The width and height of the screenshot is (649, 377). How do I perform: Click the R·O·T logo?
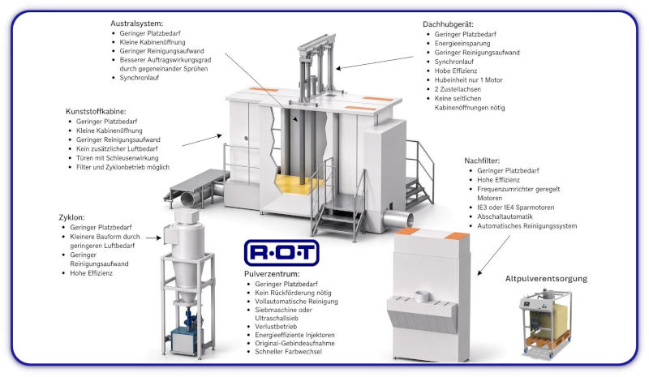point(282,252)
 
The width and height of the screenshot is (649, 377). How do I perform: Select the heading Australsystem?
point(136,24)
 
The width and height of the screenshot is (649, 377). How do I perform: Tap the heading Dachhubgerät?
point(448,24)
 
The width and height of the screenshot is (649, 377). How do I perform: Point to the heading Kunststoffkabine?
point(96,112)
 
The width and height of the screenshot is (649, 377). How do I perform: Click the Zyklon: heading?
point(71,217)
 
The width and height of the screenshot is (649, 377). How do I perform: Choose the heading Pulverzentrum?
point(272,274)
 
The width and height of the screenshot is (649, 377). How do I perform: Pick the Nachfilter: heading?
point(482,161)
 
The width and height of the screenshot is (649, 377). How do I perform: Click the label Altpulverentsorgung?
point(546,279)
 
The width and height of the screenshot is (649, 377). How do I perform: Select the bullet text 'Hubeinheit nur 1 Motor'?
point(468,80)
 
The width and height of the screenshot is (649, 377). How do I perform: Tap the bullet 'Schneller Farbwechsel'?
point(288,352)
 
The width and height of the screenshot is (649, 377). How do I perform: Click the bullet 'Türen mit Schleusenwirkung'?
point(117,158)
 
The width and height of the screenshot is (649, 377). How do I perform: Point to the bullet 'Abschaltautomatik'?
point(505,216)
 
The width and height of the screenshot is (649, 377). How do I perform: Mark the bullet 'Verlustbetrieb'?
point(276,327)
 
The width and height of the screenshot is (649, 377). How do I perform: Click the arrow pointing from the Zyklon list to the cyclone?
point(153,238)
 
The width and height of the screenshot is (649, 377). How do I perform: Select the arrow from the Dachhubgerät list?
point(375,63)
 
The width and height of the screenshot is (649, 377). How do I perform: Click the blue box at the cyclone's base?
point(183,341)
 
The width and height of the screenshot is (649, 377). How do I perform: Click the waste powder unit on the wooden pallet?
point(545,323)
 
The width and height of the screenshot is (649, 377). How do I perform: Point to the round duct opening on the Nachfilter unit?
point(423,296)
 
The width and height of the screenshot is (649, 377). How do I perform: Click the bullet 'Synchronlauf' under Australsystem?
point(139,78)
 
